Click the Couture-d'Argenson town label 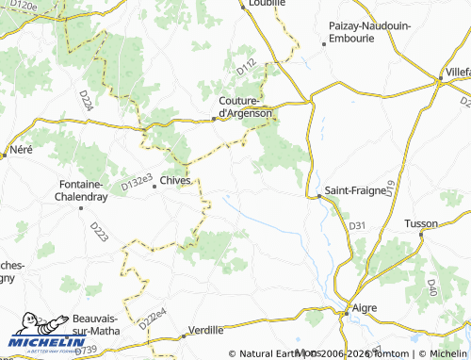245,106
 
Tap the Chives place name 175,180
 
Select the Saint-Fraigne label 355,190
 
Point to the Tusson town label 420,223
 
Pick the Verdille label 206,330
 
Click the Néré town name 20,150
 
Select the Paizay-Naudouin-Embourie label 369,33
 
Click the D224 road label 86,101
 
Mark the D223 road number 98,232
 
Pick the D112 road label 247,67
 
